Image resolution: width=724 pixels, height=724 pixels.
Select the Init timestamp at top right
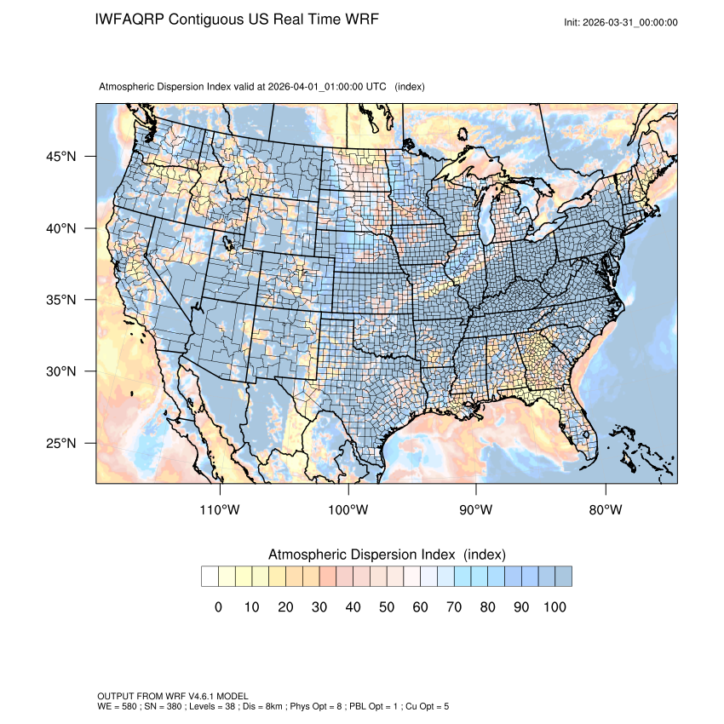click(621, 22)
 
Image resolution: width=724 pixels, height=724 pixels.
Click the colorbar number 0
click(218, 607)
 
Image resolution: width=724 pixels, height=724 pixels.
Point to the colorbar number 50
click(387, 607)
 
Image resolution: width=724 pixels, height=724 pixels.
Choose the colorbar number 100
click(554, 607)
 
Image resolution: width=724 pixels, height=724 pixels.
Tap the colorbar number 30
click(319, 607)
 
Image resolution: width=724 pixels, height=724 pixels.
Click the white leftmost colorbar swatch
click(210, 577)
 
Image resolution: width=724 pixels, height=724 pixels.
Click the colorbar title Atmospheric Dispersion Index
click(365, 554)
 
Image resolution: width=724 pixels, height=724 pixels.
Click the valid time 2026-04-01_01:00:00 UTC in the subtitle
click(327, 87)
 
